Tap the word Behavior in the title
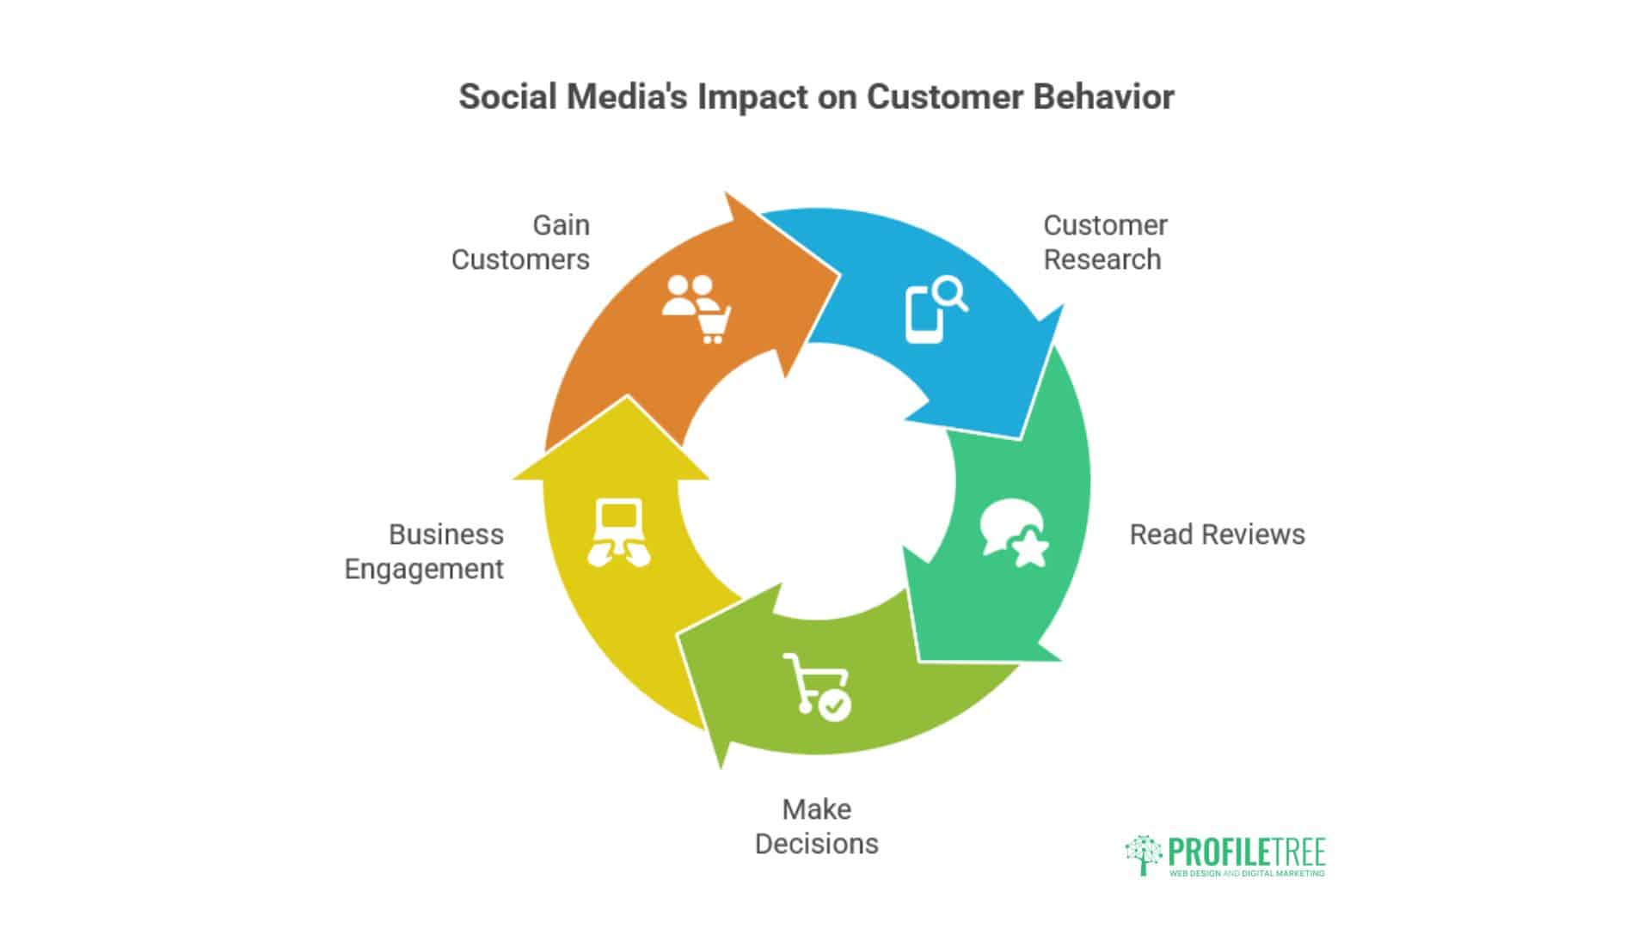[x=1103, y=97]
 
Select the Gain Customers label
[x=521, y=242]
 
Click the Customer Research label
[x=1105, y=242]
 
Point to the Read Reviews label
[x=1217, y=534]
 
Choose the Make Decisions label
[x=817, y=827]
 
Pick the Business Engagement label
[x=424, y=552]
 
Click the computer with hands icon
[x=619, y=533]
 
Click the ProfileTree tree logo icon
[x=1144, y=854]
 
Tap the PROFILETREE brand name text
[x=1246, y=852]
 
